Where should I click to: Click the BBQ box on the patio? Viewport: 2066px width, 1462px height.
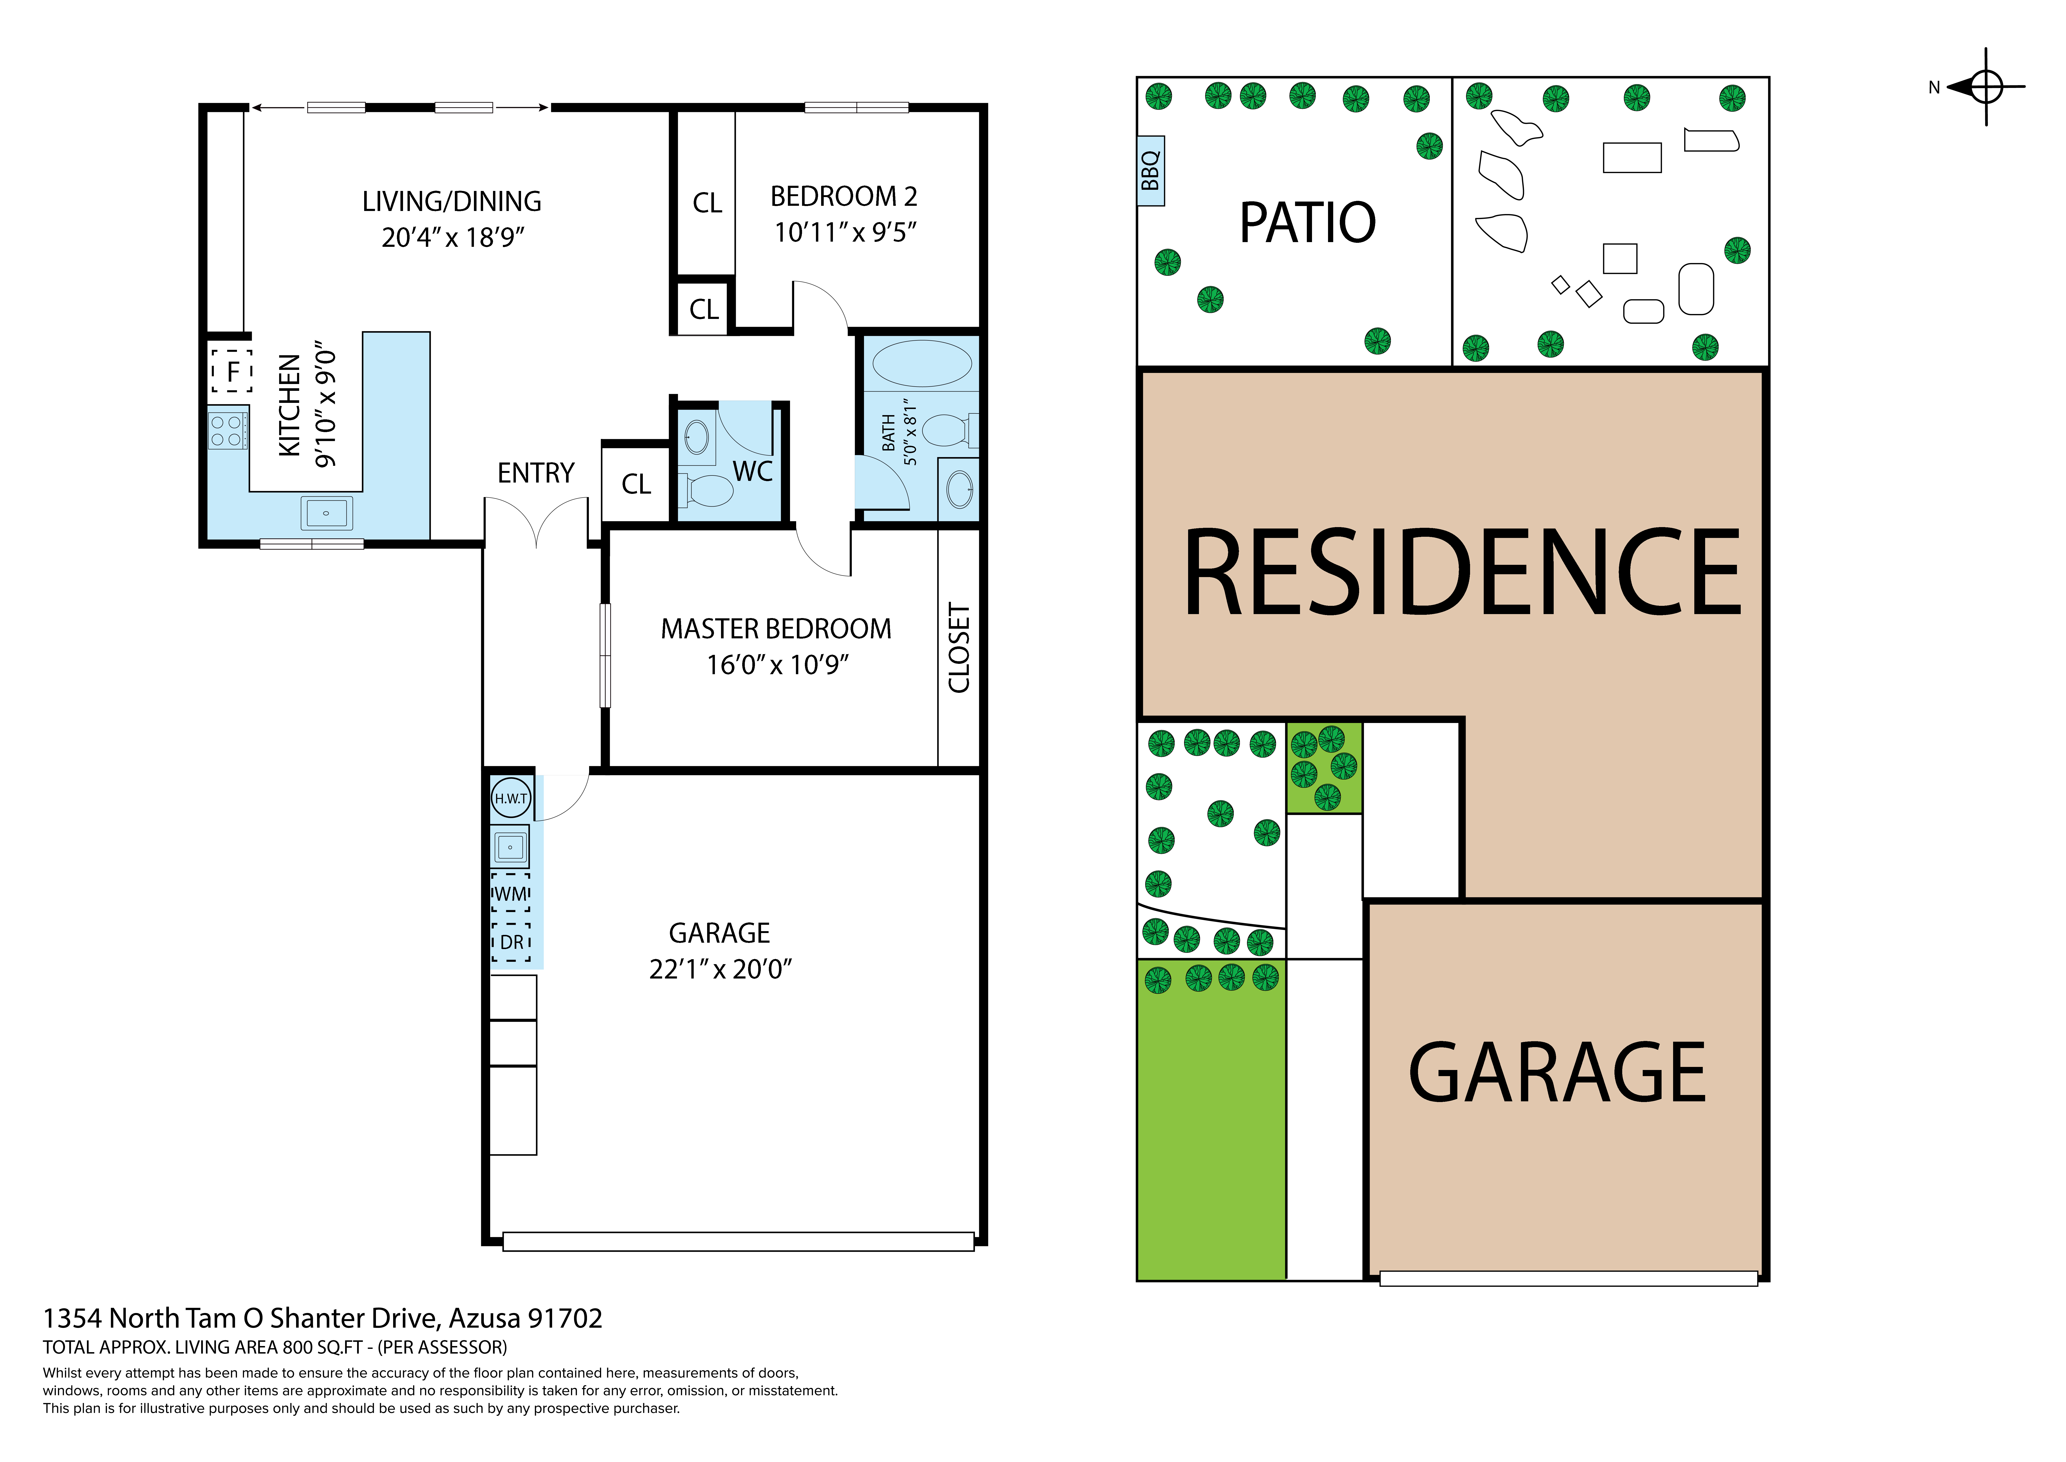tap(1150, 171)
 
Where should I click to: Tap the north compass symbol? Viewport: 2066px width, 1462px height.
tap(1985, 87)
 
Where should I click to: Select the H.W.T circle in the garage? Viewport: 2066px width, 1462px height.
tap(511, 798)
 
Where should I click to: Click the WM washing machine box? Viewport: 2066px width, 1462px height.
tap(511, 893)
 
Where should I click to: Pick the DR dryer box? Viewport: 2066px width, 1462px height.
tap(511, 942)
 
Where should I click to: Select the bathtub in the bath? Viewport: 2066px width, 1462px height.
tap(921, 364)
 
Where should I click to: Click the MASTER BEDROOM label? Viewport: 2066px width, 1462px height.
tap(776, 628)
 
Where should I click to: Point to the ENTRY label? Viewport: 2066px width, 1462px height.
tap(535, 473)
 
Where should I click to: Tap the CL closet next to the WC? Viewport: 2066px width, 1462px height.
tap(636, 484)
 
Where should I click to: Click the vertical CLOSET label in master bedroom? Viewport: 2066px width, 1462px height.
tap(959, 648)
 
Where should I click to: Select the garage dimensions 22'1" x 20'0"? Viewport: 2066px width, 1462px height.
tap(720, 969)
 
